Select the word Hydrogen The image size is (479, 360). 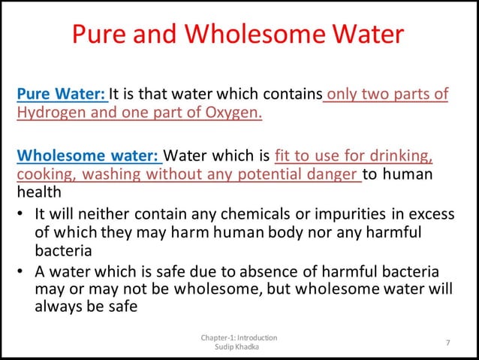click(x=50, y=113)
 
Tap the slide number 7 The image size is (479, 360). click(x=447, y=343)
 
